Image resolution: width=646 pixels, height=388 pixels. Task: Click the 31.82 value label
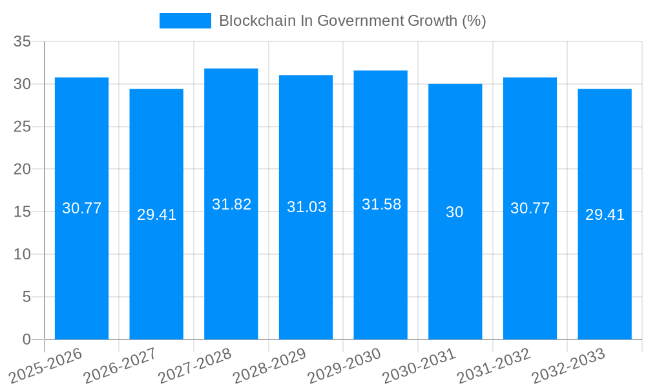[231, 204]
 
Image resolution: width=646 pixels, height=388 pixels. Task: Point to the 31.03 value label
[306, 207]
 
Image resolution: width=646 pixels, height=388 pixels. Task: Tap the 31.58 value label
[381, 204]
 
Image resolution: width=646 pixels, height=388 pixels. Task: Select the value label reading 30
[455, 212]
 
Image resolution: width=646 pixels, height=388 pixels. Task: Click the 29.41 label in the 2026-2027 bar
[156, 215]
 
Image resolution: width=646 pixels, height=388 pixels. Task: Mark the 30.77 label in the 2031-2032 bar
[530, 208]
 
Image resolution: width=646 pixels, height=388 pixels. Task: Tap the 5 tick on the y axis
[26, 297]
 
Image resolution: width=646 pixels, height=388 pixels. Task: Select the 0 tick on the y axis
[26, 339]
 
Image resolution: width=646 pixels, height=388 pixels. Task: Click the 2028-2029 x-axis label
[269, 365]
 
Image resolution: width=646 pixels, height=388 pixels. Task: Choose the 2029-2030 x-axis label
[344, 365]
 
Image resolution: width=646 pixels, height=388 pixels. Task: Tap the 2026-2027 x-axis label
[120, 365]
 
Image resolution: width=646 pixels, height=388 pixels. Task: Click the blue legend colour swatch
[185, 21]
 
